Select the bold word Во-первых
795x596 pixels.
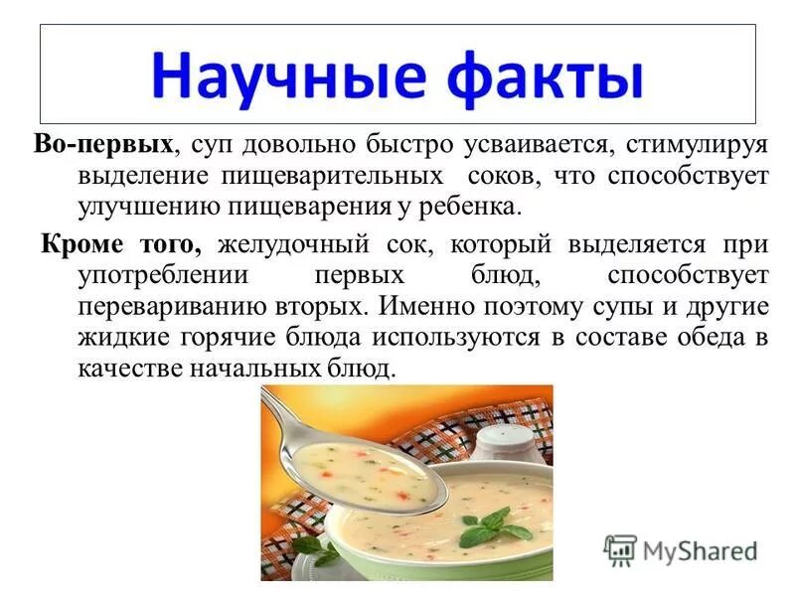103,145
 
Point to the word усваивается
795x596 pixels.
533,145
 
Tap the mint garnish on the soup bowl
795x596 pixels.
497,523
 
